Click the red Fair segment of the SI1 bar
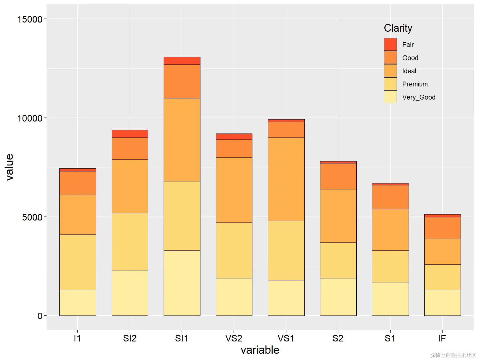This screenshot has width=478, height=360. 182,61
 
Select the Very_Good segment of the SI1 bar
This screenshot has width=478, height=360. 182,283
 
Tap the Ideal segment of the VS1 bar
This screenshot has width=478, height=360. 286,179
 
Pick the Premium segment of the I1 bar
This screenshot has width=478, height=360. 78,262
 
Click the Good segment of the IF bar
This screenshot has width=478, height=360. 442,228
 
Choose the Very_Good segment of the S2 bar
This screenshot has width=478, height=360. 338,297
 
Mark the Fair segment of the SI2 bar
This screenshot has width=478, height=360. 130,134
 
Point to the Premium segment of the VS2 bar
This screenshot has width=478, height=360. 234,250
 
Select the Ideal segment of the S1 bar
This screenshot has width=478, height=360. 390,230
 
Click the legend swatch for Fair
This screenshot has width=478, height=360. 390,45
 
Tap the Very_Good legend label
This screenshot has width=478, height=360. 419,97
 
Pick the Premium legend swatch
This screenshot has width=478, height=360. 390,84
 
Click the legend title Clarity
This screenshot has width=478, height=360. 398,28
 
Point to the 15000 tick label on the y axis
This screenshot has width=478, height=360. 30,19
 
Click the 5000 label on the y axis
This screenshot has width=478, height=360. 32,217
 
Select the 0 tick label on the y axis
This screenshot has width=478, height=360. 40,316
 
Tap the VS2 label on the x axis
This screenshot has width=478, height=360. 234,338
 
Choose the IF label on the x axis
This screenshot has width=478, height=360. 442,338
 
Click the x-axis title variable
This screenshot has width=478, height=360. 260,350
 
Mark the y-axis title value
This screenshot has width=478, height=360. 9,167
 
